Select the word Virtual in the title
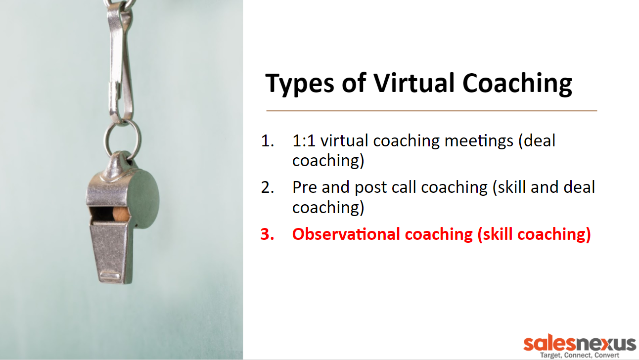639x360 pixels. (413, 83)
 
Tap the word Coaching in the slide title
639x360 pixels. (517, 84)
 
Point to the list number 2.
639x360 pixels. (267, 187)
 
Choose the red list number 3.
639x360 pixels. (267, 234)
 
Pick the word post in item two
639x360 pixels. (370, 188)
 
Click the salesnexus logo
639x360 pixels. (580, 344)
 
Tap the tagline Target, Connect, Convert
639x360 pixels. (580, 355)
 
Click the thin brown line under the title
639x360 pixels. (432, 111)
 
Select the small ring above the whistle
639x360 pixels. (123, 140)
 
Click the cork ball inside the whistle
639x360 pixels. (120, 214)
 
